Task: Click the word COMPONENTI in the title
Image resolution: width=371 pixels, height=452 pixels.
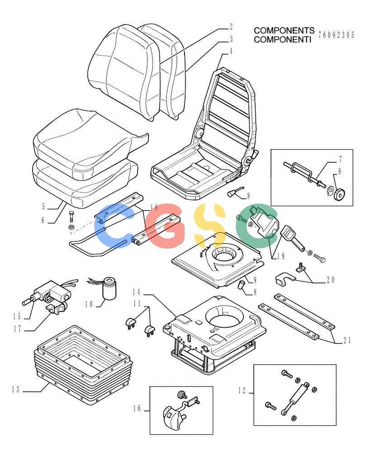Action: [282, 39]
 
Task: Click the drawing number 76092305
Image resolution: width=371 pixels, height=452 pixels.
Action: [336, 35]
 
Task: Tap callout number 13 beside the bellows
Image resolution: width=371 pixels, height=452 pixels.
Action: [16, 390]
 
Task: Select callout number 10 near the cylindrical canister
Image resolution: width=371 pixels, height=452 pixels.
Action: [89, 304]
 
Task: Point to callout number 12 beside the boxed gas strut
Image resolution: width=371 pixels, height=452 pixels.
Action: [242, 391]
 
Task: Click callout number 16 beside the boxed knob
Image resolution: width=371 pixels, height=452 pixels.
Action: [137, 408]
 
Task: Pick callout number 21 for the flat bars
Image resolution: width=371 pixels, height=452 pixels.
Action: [347, 340]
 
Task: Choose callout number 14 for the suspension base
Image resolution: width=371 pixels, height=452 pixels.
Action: [137, 292]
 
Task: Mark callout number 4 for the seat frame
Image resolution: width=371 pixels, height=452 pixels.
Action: [231, 52]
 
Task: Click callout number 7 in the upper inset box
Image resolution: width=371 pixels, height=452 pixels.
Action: [341, 159]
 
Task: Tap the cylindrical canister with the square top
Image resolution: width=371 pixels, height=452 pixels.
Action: [109, 289]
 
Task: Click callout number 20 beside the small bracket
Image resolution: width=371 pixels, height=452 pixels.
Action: [330, 280]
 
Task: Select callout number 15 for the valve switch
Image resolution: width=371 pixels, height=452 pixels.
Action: [17, 316]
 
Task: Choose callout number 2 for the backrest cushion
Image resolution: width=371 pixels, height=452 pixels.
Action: [231, 27]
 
